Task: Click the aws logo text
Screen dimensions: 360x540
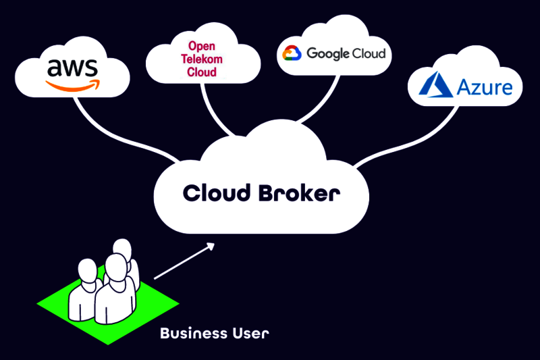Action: coord(72,68)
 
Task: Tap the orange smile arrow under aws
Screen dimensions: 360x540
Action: coord(72,85)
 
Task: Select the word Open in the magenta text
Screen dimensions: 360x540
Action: coord(202,46)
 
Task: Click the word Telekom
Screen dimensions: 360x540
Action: coord(202,59)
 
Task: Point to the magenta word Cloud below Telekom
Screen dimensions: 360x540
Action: coord(202,72)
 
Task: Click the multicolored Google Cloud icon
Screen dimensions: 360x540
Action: coord(291,53)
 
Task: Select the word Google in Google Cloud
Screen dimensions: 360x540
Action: coord(328,53)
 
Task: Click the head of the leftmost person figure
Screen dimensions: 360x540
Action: coord(88,270)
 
